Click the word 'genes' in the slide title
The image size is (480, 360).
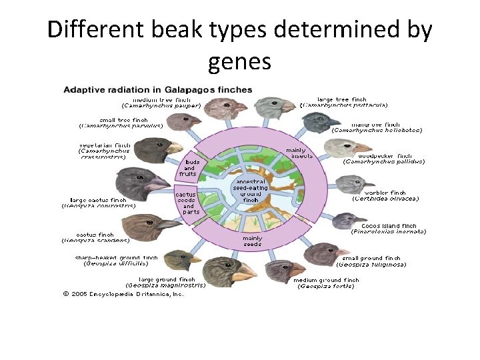pyautogui.click(x=239, y=62)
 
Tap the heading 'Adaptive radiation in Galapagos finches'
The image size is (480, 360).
pyautogui.click(x=157, y=89)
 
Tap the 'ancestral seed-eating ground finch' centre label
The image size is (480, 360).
pyautogui.click(x=250, y=190)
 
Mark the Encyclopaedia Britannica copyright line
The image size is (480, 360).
pyautogui.click(x=123, y=293)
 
